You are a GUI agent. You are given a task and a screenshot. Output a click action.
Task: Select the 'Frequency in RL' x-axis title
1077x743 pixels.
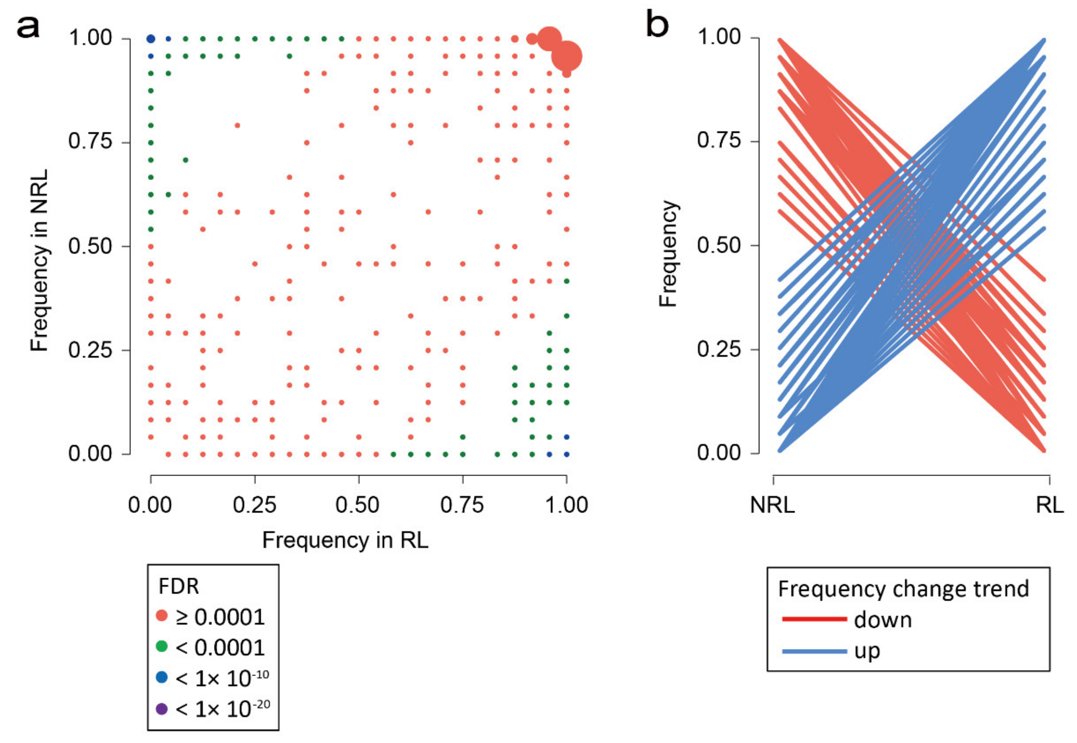click(x=345, y=540)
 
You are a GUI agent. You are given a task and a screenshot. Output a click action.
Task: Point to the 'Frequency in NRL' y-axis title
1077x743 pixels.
click(x=39, y=260)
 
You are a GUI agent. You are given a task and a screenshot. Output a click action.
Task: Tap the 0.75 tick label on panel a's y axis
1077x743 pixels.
click(x=91, y=141)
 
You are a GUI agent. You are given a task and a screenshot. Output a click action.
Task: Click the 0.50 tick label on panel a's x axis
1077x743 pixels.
click(x=358, y=505)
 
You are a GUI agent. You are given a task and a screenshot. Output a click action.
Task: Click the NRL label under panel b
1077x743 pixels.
click(x=772, y=505)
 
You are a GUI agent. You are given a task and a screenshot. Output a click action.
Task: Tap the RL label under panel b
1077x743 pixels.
click(x=1050, y=505)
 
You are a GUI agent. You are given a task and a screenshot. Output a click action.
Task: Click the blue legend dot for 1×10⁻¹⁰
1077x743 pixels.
click(x=162, y=677)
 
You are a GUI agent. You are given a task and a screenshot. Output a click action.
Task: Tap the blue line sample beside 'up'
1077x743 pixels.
click(x=814, y=651)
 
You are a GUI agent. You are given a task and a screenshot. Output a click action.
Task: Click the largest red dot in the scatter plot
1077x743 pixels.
click(x=566, y=56)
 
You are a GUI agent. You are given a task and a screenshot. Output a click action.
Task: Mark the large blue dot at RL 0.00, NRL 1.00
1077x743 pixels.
click(x=151, y=39)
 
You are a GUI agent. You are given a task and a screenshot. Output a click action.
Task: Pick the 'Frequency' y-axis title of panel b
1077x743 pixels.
click(x=668, y=253)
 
